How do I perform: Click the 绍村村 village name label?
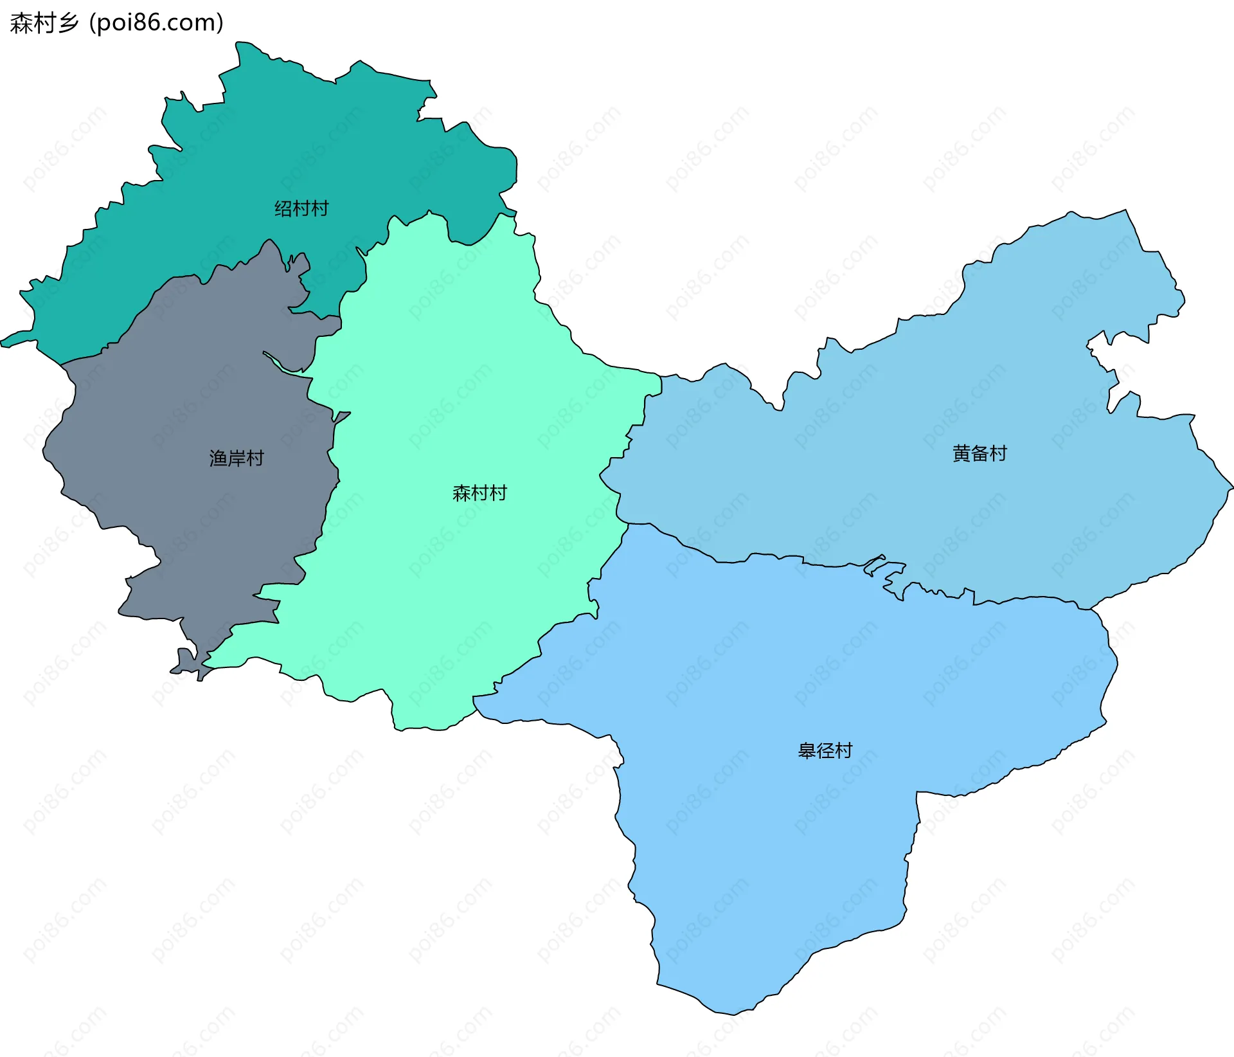coord(301,208)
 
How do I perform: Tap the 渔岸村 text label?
coord(237,458)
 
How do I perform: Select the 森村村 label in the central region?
coord(479,493)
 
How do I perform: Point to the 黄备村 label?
coord(979,453)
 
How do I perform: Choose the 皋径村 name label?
coord(825,750)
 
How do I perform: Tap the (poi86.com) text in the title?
coord(157,23)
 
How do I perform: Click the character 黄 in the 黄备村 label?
coord(961,453)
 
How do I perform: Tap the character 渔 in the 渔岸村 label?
coord(219,458)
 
